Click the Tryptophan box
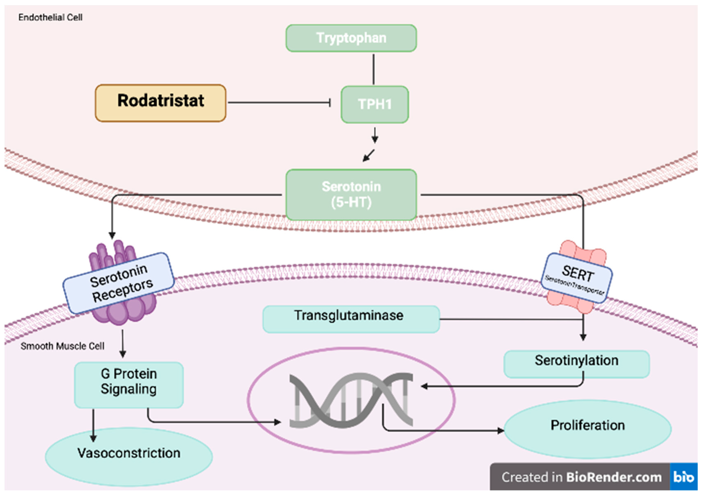pos(351,38)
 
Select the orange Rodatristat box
pos(161,103)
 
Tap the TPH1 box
pos(375,104)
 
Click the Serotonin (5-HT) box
pos(351,194)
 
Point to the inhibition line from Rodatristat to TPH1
pos(278,103)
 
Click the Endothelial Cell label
pos(51,17)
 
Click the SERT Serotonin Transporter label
pos(577,278)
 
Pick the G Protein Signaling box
pos(129,385)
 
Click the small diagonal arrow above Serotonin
pos(368,155)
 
